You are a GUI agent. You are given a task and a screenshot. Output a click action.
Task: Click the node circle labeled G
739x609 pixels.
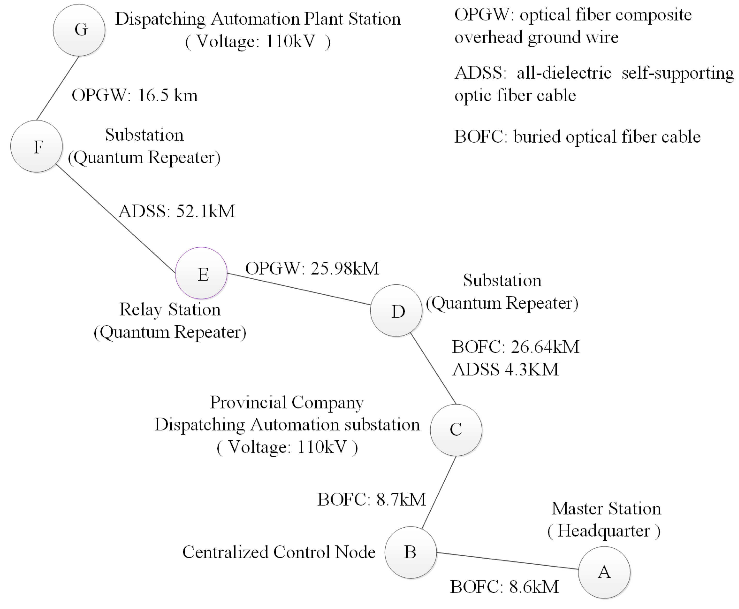point(79,30)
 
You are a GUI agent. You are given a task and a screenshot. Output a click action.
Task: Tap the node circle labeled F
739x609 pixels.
point(36,146)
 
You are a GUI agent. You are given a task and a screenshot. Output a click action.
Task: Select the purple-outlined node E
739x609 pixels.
point(201,273)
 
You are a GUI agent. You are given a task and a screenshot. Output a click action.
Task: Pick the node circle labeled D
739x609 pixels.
point(396,311)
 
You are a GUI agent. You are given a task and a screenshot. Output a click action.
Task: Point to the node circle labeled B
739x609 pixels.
point(410,552)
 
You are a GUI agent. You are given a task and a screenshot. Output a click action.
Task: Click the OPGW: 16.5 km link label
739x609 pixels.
point(135,95)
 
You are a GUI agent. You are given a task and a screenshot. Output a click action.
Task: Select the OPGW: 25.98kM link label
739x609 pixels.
point(312,269)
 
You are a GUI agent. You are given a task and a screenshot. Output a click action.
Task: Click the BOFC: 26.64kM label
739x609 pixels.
point(515,347)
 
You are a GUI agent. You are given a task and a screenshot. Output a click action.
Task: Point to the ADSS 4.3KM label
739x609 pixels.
point(505,370)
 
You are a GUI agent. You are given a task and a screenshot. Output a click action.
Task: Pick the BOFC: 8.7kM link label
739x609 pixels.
point(371,499)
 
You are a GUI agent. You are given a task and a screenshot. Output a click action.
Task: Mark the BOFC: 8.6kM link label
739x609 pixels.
point(504,587)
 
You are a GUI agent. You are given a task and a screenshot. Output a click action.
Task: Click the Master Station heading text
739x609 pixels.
point(606,509)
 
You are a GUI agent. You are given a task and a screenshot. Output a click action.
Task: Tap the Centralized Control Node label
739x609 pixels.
point(279,552)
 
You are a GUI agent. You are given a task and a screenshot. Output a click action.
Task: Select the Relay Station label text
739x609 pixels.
point(170,310)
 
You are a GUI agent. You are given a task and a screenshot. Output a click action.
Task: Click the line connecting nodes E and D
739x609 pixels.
point(298,289)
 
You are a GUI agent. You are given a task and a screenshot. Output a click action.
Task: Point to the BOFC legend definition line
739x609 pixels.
point(577,137)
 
